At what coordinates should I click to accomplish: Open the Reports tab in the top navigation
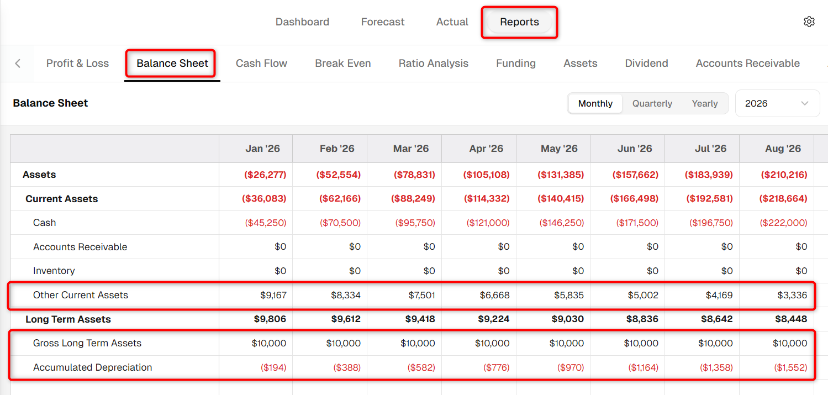519,22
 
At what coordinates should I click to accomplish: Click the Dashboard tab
302,22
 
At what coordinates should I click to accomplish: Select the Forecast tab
383,22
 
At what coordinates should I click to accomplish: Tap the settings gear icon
809,22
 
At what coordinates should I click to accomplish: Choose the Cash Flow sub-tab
261,63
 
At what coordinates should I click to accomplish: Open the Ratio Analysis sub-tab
433,63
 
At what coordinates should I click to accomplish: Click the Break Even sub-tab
342,63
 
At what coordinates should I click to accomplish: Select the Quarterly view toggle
652,103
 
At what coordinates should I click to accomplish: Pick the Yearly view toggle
705,103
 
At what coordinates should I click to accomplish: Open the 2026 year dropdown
777,103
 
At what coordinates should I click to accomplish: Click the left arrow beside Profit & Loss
18,63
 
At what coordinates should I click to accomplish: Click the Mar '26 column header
410,149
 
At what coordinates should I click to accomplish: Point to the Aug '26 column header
783,149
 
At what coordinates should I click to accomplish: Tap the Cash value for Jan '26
265,223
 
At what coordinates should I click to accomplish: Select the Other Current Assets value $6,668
494,295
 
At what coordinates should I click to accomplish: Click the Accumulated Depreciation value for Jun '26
643,367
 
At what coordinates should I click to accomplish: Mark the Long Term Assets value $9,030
568,319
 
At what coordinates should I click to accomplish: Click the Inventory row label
54,271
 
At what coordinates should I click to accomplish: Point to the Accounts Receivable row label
80,247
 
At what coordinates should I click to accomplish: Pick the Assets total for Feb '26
338,175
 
